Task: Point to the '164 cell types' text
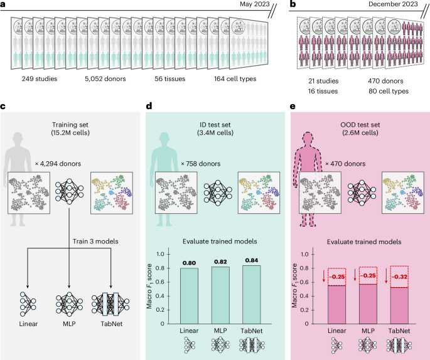click(240, 80)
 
